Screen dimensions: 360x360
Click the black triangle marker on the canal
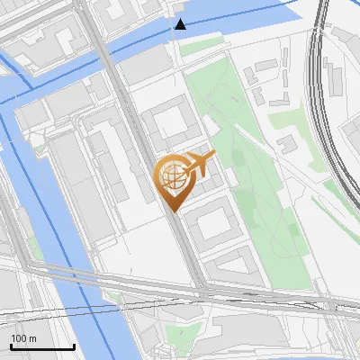181,24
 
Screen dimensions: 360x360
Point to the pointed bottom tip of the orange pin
171,211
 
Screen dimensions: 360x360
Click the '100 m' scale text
23,338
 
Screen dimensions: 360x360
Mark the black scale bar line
42,346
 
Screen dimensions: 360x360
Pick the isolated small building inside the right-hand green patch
287,144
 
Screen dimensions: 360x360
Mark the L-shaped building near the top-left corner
54,45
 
